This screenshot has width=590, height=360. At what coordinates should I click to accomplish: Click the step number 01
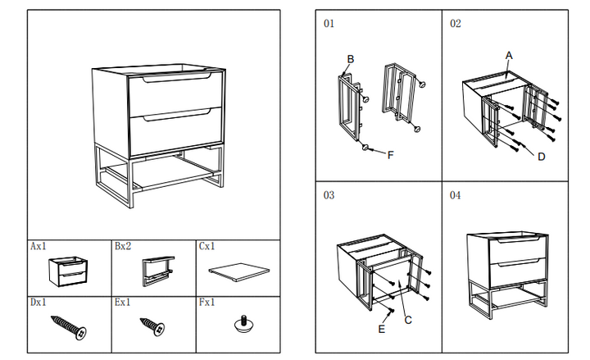(x=329, y=23)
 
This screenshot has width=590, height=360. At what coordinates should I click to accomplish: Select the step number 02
(x=456, y=23)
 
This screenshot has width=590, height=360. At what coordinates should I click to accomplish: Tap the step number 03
(x=329, y=195)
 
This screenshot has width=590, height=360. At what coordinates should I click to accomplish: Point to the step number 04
(x=455, y=195)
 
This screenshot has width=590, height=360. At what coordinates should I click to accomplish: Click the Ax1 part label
(x=39, y=246)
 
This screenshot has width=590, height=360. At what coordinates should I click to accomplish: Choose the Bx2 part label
(x=123, y=246)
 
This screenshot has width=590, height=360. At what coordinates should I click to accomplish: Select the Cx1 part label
(x=207, y=246)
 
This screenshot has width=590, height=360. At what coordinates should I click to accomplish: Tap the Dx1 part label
(x=39, y=303)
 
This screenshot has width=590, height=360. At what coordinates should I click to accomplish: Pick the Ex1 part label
(x=123, y=303)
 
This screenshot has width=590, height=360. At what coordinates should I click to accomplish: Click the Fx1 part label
(x=207, y=303)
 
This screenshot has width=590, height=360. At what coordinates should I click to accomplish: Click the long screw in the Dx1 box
(x=69, y=328)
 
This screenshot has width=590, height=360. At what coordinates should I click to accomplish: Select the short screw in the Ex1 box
(x=152, y=326)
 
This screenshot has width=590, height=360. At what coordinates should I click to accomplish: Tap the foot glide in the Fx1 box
(x=244, y=324)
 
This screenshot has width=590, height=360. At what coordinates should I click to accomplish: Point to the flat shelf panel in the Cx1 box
(x=239, y=272)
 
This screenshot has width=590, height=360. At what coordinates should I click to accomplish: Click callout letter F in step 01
(x=390, y=155)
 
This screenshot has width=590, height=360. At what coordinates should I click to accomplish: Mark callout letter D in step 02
(x=542, y=157)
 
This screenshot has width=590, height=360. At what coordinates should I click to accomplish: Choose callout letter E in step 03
(x=382, y=329)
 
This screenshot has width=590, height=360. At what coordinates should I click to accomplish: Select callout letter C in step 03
(x=408, y=320)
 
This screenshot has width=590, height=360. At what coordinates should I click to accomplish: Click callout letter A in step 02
(x=509, y=56)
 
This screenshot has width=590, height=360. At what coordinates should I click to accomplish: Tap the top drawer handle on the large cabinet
(x=177, y=78)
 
